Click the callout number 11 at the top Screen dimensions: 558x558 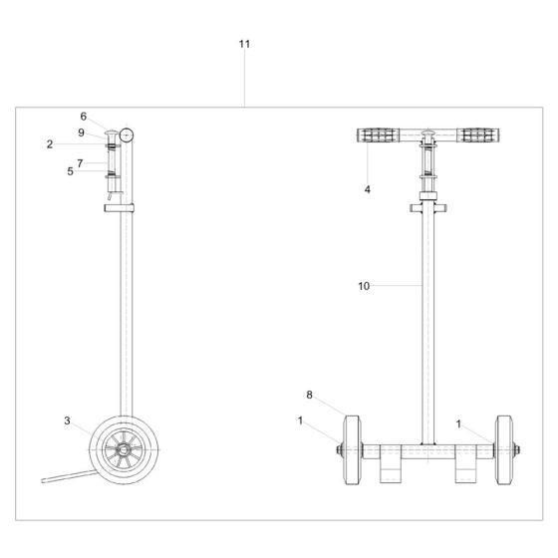click(245, 44)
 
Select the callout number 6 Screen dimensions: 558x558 click(84, 117)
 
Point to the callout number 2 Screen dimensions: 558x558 click(49, 144)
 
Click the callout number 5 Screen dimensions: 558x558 click(71, 171)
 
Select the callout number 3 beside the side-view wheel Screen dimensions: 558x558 click(68, 421)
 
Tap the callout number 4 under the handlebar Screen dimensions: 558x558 click(367, 188)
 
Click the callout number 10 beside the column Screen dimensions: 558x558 click(365, 286)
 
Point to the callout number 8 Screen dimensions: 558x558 click(309, 396)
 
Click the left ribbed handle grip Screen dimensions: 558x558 click(377, 136)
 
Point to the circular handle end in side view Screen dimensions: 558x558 click(128, 135)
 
